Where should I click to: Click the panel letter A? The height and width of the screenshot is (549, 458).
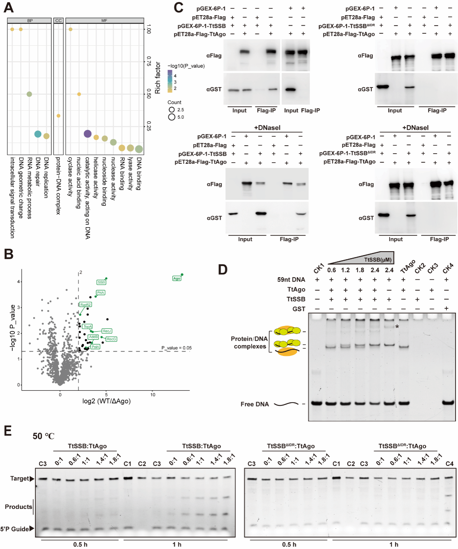click(9, 7)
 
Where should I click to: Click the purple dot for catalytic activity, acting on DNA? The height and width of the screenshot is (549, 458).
click(87, 134)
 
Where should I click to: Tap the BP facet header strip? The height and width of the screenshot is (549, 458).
click(30, 21)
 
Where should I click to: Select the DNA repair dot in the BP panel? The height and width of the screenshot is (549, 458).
click(38, 134)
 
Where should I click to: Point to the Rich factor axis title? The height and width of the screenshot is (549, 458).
click(158, 78)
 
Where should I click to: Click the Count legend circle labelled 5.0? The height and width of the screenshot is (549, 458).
click(172, 117)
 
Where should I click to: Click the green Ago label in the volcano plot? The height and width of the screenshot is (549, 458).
click(177, 278)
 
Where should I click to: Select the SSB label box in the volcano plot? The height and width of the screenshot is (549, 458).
click(101, 282)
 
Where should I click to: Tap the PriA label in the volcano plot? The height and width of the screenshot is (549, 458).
click(101, 292)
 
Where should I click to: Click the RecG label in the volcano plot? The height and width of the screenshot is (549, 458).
click(111, 339)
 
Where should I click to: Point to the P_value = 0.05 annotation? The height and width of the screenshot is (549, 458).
click(177, 348)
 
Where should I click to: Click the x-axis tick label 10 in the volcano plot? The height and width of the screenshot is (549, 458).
click(153, 395)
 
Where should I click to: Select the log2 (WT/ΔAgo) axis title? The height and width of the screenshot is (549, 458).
click(106, 401)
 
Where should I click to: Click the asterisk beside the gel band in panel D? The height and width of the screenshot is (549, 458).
click(397, 327)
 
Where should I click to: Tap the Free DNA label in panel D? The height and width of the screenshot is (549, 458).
click(255, 404)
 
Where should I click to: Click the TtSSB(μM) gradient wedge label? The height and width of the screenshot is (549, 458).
click(378, 260)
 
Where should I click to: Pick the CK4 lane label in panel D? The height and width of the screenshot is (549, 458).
click(448, 268)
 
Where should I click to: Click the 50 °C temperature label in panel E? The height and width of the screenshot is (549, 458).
click(43, 436)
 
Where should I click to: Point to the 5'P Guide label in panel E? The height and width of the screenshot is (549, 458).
click(14, 529)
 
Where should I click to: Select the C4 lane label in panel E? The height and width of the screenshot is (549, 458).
click(449, 464)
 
